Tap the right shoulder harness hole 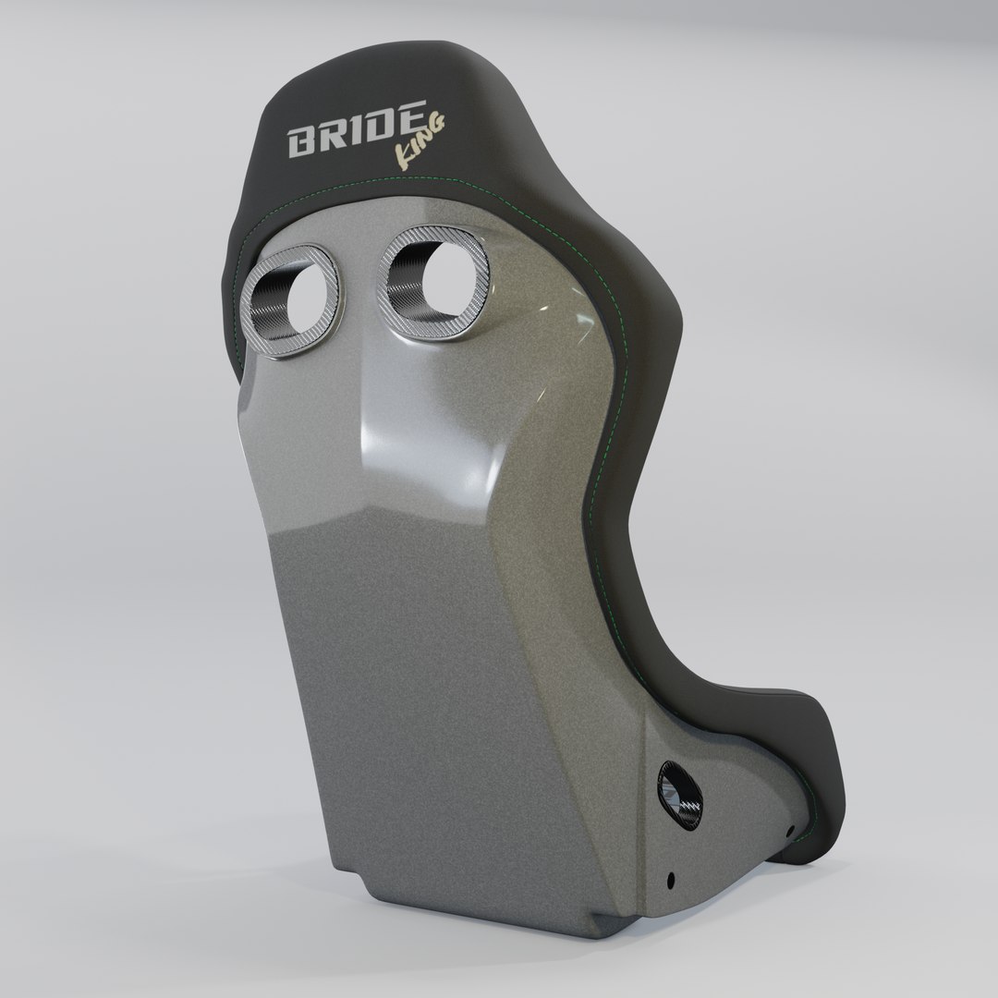pyautogui.click(x=432, y=275)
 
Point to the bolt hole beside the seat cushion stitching pyautogui.click(x=788, y=829)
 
